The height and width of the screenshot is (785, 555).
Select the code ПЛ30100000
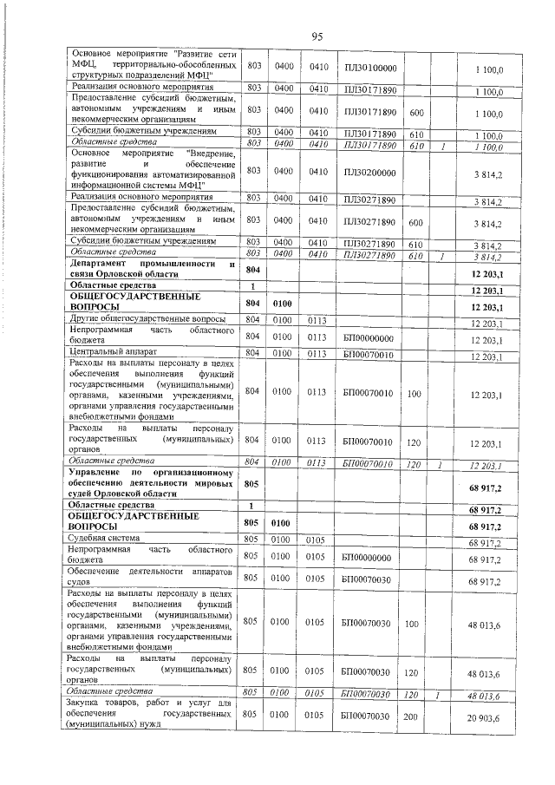[369, 67]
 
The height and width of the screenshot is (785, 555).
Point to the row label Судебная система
[104, 541]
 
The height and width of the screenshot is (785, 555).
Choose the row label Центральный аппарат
[112, 354]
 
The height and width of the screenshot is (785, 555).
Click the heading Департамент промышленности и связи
[152, 268]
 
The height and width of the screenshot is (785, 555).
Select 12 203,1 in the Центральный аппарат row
[486, 356]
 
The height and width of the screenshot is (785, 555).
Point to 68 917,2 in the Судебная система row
[486, 543]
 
